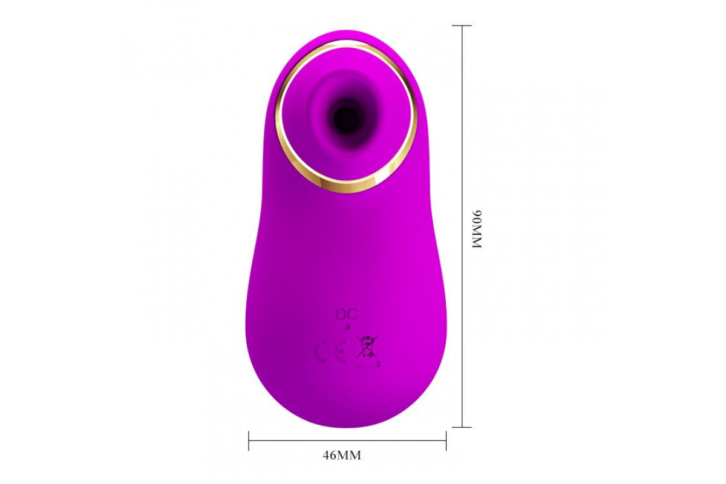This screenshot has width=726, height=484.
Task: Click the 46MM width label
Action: [342, 456]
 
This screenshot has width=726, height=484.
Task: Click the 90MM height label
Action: [477, 229]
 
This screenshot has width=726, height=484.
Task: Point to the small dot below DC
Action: [347, 326]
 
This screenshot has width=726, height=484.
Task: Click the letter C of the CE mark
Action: [321, 352]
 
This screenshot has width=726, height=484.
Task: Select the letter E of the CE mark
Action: [339, 352]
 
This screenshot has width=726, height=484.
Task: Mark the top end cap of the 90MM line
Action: [462, 25]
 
